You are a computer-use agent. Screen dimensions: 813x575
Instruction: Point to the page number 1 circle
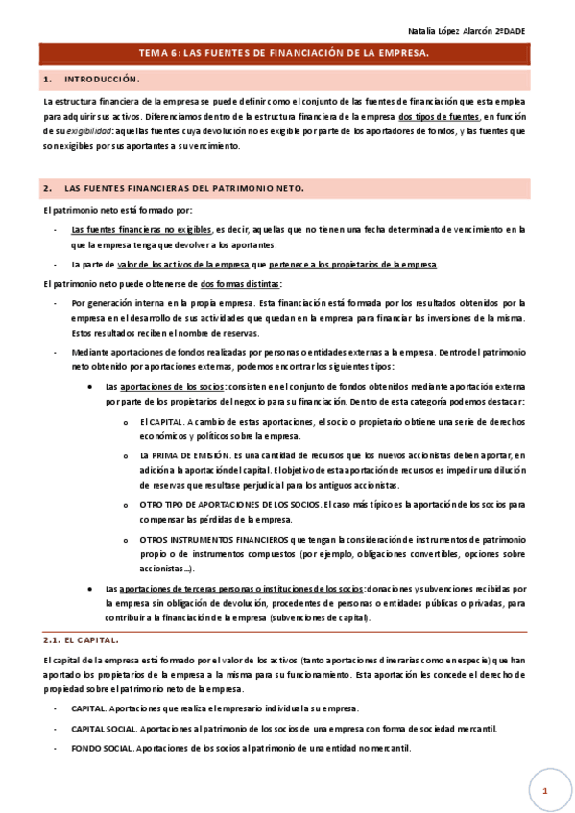tap(543, 789)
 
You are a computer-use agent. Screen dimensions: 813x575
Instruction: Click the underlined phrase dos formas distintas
tap(241, 284)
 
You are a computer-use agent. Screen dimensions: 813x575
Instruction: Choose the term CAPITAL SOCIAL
tap(106, 729)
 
